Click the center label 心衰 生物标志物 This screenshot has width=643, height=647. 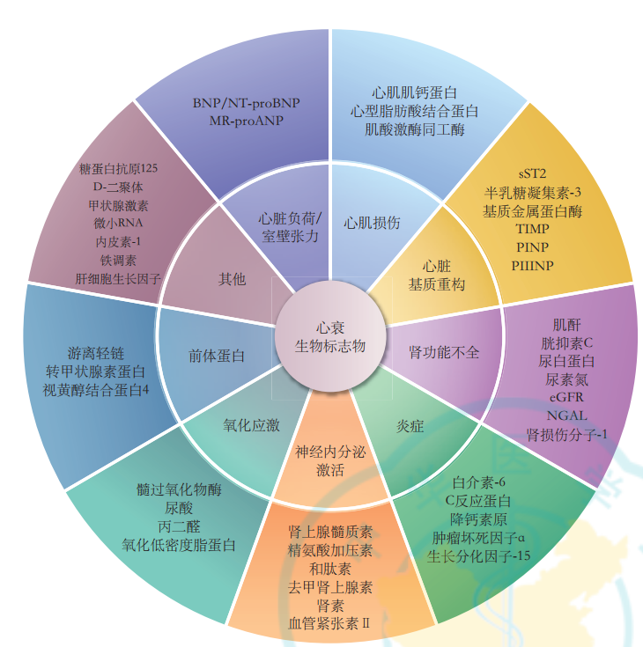329,336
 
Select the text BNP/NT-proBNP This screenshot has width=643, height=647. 246,103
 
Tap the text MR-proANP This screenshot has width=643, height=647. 246,120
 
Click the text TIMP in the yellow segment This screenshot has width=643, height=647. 533,229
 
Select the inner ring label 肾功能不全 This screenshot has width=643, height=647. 444,352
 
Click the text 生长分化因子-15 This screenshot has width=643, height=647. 479,555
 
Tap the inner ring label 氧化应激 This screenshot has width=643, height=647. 251,425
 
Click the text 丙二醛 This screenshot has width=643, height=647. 178,526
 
